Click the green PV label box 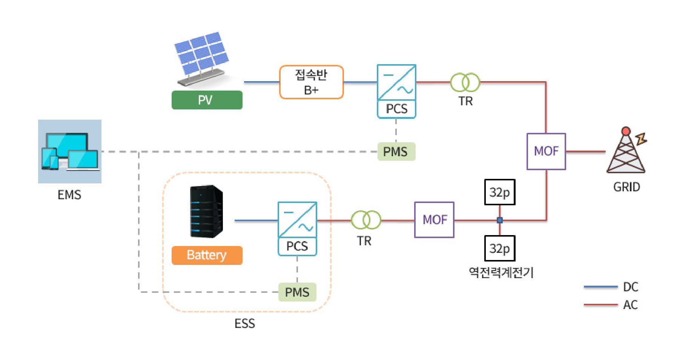[x=207, y=100]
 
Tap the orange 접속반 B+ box [x=311, y=82]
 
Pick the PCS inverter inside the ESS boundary [x=297, y=229]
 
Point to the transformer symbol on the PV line [x=465, y=82]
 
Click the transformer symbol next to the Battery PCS [x=366, y=220]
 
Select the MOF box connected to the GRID [x=546, y=151]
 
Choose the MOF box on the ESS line [x=434, y=220]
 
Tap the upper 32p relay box [x=499, y=192]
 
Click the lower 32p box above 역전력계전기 [x=499, y=248]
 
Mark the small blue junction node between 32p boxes [x=499, y=220]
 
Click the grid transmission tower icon [x=626, y=151]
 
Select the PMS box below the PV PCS [x=396, y=152]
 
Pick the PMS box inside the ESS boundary [x=297, y=292]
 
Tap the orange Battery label [x=207, y=255]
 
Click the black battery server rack [x=206, y=211]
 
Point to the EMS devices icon [x=70, y=151]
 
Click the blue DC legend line [x=600, y=287]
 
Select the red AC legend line [x=600, y=305]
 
